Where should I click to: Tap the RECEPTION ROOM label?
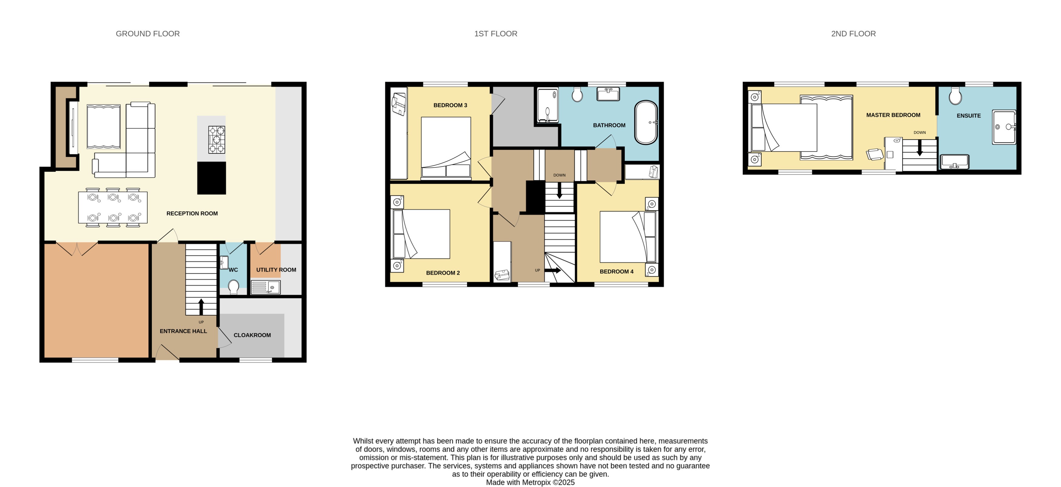pos(192,214)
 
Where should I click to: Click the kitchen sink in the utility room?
pos(265,287)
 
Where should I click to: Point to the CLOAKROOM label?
pos(252,335)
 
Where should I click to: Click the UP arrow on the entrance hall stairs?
pos(201,307)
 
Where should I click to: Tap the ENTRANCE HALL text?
pos(183,331)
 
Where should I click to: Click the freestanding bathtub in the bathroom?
pos(646,123)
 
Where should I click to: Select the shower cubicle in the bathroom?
pos(548,106)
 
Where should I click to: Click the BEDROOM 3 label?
pos(450,105)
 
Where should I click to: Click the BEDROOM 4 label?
pos(616,271)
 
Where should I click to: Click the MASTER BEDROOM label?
pos(893,115)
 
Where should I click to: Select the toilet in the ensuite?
pos(955,96)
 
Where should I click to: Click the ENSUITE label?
pos(968,116)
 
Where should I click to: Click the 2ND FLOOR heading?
pos(853,34)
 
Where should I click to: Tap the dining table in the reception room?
pos(113,208)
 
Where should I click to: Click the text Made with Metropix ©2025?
pos(530,482)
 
